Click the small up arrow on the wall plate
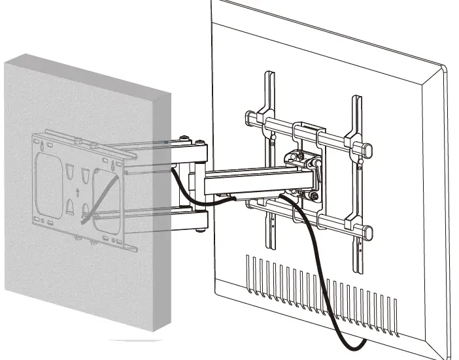click(78, 192)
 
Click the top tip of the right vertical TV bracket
click(356, 99)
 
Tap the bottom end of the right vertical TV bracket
click(358, 269)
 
